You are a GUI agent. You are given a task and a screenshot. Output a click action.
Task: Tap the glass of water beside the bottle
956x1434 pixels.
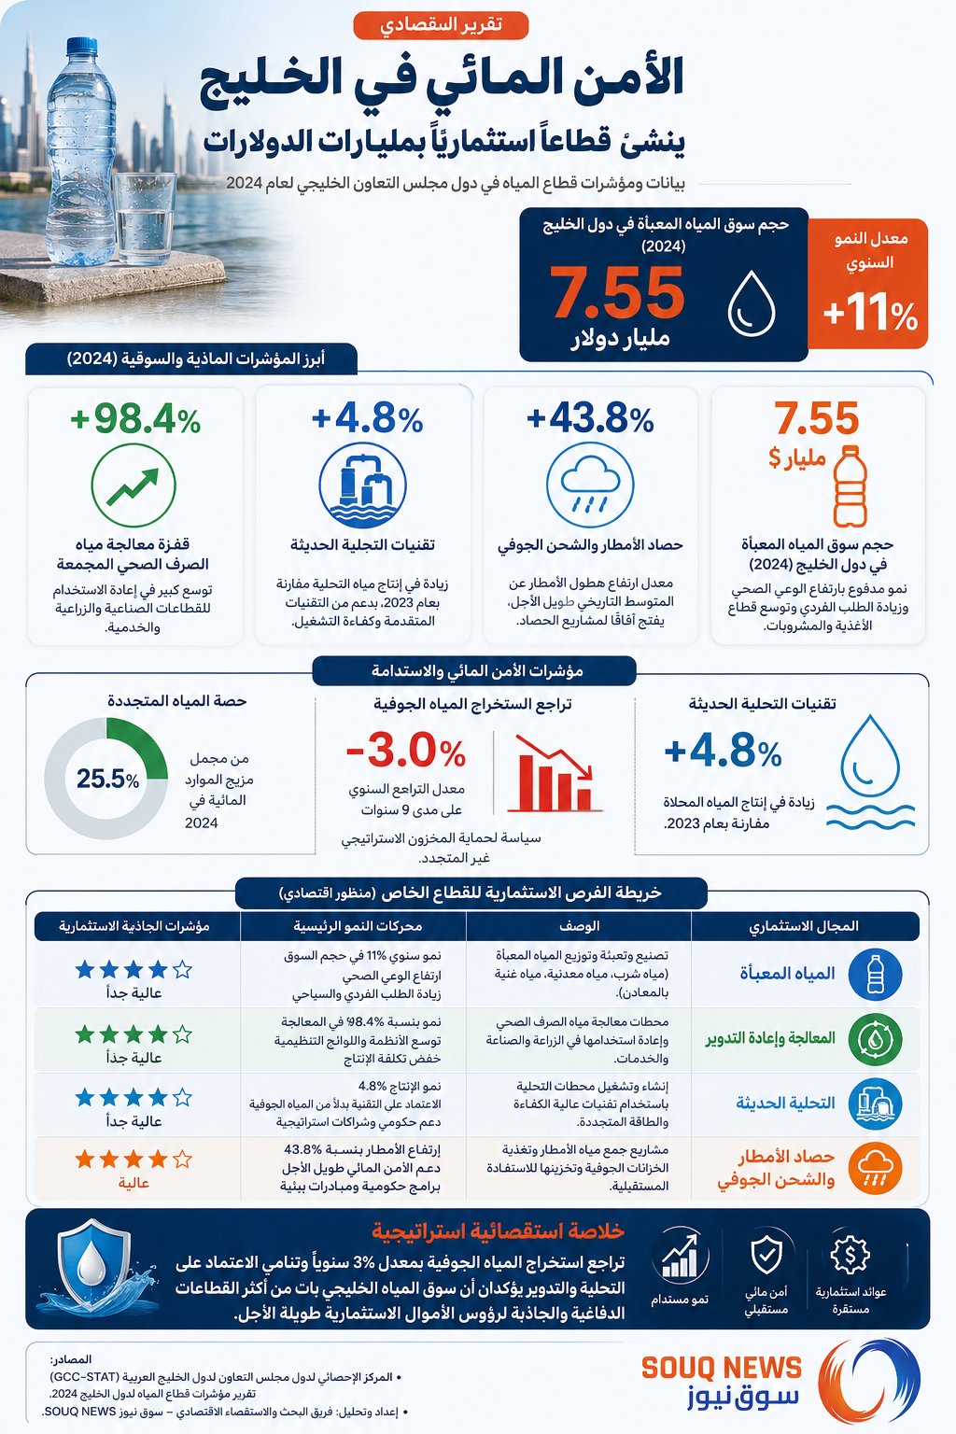point(144,218)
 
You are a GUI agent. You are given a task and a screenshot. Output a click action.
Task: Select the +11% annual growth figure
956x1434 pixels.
point(870,315)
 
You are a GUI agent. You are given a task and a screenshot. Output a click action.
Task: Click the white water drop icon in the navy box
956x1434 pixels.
point(752,303)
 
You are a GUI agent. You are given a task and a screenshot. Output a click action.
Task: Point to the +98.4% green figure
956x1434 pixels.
point(135,419)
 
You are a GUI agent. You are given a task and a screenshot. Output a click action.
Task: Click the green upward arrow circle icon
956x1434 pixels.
point(134,485)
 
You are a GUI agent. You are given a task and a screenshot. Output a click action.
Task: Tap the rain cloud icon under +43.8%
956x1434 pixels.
point(590,485)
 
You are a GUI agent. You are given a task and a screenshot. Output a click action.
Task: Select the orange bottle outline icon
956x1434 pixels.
point(851,485)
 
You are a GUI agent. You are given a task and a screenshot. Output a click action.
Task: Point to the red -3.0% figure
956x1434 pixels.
point(406,751)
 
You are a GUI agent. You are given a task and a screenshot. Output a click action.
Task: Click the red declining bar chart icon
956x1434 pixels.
point(555,774)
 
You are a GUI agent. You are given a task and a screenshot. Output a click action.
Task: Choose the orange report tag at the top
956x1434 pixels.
point(441,25)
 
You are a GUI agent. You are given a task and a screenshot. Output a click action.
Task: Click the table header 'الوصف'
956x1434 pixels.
point(579,926)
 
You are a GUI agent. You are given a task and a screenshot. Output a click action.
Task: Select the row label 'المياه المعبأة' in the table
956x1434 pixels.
point(788,974)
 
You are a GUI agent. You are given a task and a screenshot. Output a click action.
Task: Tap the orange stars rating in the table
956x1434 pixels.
point(134,1160)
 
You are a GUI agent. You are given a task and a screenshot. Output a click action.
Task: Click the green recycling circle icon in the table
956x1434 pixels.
point(875,1039)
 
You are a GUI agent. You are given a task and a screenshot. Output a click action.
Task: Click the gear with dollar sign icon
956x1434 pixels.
point(850,1254)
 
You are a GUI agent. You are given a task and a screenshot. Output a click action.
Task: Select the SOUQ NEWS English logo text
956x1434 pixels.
point(722,1368)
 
